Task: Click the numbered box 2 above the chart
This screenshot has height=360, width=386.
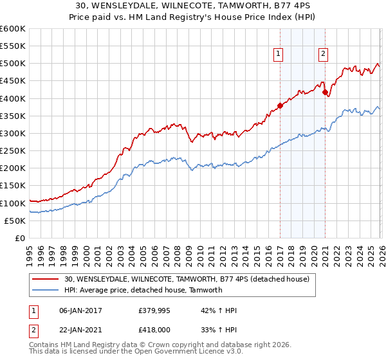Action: tap(322, 55)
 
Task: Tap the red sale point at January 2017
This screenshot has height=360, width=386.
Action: tap(280, 105)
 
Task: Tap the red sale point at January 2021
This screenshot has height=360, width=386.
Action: tap(326, 92)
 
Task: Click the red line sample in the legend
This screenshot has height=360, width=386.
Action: tap(46, 279)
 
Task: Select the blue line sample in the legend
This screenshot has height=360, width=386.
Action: tap(46, 290)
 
